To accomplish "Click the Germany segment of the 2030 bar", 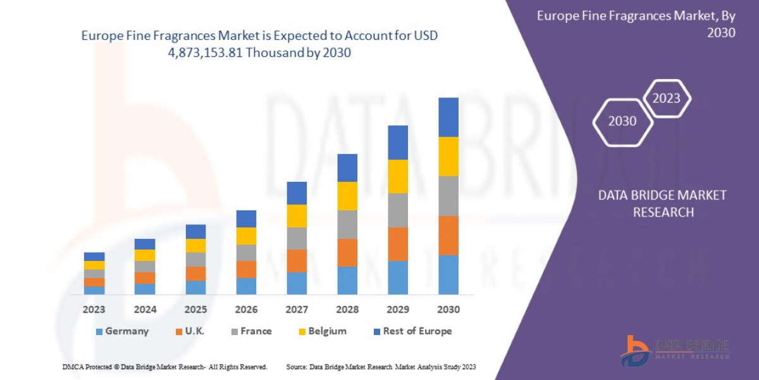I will (448, 275).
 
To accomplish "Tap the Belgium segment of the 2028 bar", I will (347, 196).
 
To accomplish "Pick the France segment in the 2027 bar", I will (296, 238).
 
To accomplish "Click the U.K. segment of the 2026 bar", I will (245, 269).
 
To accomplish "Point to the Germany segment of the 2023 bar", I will (94, 290).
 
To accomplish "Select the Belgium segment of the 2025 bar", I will (195, 246).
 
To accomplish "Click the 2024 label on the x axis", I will (144, 310).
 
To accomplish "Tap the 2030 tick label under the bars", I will (448, 310).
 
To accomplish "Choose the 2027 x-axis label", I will (296, 310).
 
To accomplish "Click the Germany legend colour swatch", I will (99, 331).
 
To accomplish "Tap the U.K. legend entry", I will (190, 331).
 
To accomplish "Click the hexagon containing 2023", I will (666, 98).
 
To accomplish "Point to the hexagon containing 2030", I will (622, 121).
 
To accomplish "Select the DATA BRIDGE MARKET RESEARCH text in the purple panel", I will (662, 203).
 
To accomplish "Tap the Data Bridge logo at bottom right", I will (674, 350).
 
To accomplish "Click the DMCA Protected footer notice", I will (165, 367).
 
